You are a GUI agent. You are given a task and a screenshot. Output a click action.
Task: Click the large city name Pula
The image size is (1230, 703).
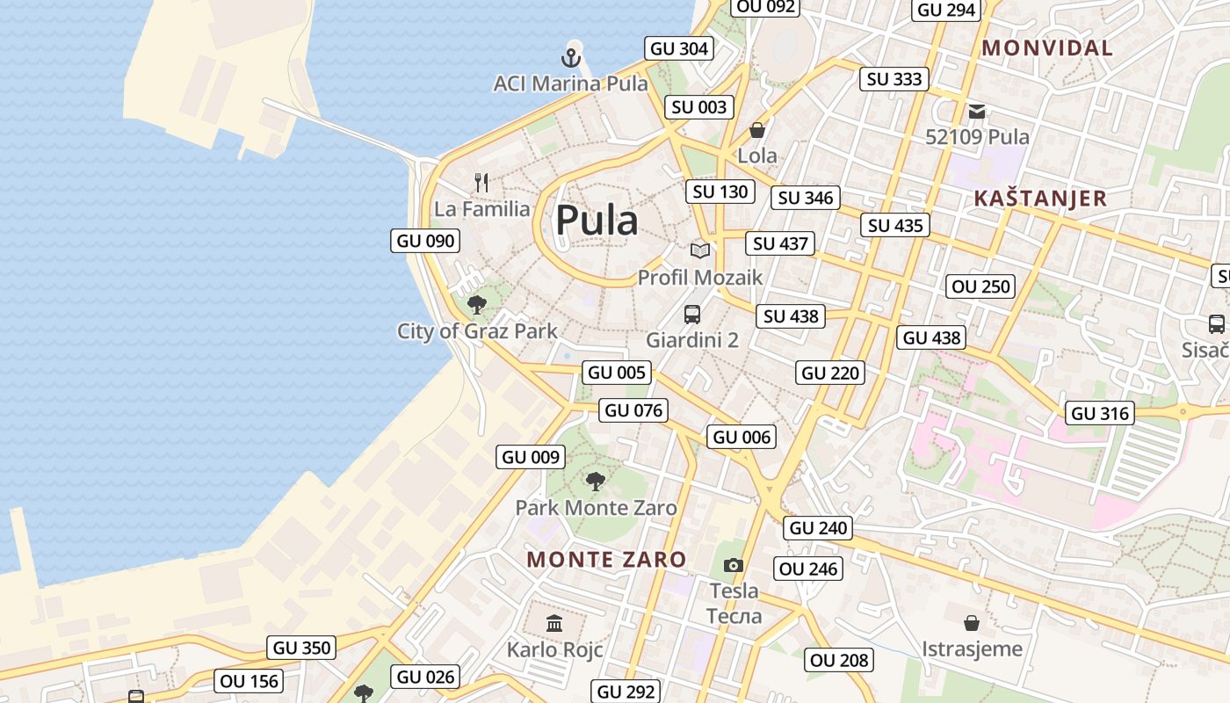(597, 221)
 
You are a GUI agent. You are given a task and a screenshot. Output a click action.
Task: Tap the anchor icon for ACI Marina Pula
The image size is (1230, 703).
(571, 59)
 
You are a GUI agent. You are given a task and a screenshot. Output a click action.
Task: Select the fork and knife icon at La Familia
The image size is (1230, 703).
(481, 183)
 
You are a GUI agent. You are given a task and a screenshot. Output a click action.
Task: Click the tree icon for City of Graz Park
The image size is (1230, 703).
(477, 305)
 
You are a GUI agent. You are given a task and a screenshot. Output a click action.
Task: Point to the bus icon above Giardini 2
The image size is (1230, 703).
(692, 314)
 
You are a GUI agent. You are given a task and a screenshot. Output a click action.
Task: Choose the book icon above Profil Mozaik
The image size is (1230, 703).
(699, 251)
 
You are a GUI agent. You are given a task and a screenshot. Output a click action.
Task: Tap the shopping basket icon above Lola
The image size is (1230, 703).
(756, 130)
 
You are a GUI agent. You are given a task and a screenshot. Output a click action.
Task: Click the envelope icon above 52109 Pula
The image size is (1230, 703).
(977, 112)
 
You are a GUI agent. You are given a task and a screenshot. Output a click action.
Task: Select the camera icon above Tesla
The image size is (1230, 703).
(734, 565)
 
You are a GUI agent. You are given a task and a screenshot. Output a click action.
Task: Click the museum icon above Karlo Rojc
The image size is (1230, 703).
(554, 624)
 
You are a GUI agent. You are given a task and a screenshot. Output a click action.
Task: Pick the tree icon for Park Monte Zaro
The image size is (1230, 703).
(596, 481)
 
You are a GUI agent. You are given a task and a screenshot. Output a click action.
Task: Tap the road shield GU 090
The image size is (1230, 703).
(425, 241)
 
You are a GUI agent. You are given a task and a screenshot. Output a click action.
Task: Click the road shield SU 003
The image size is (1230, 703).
(699, 107)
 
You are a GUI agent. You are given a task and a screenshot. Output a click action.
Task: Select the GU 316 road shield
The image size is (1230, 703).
(1100, 413)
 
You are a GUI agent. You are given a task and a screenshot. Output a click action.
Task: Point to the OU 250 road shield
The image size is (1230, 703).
(981, 286)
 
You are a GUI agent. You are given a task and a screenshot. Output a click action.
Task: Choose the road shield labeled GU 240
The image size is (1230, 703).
(818, 528)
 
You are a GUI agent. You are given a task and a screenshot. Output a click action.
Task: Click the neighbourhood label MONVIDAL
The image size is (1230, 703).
(1047, 48)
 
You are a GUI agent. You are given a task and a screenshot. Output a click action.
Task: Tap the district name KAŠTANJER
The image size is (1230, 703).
(1040, 199)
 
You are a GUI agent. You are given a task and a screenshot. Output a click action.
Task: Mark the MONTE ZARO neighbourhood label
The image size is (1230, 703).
(606, 559)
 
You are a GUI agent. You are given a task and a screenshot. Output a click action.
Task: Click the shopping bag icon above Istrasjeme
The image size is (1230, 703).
(972, 623)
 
